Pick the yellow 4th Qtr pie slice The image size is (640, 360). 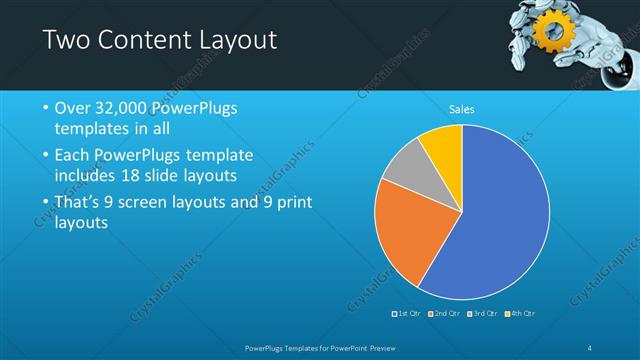pos(443,144)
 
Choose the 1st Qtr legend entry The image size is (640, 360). pos(407,314)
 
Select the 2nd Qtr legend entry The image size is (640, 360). pos(445,314)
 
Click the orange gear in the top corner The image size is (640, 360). pos(551,33)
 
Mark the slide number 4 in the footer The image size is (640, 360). pos(590,347)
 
